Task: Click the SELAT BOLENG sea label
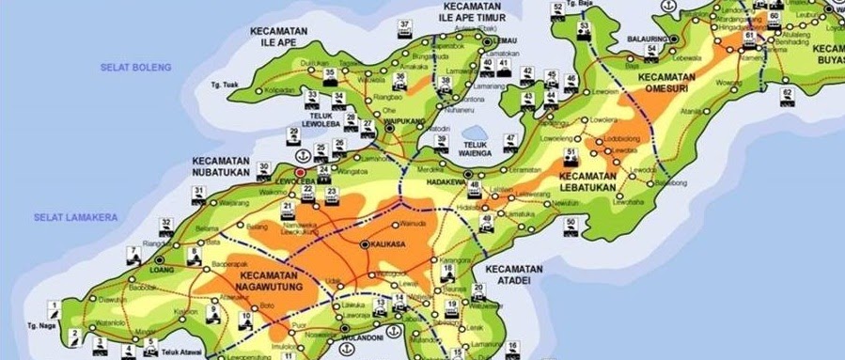[x=136, y=68]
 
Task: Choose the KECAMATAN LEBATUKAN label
[x=586, y=181]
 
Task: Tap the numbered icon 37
[x=405, y=24]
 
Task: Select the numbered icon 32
[x=166, y=224]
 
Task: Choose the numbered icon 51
[x=570, y=153]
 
